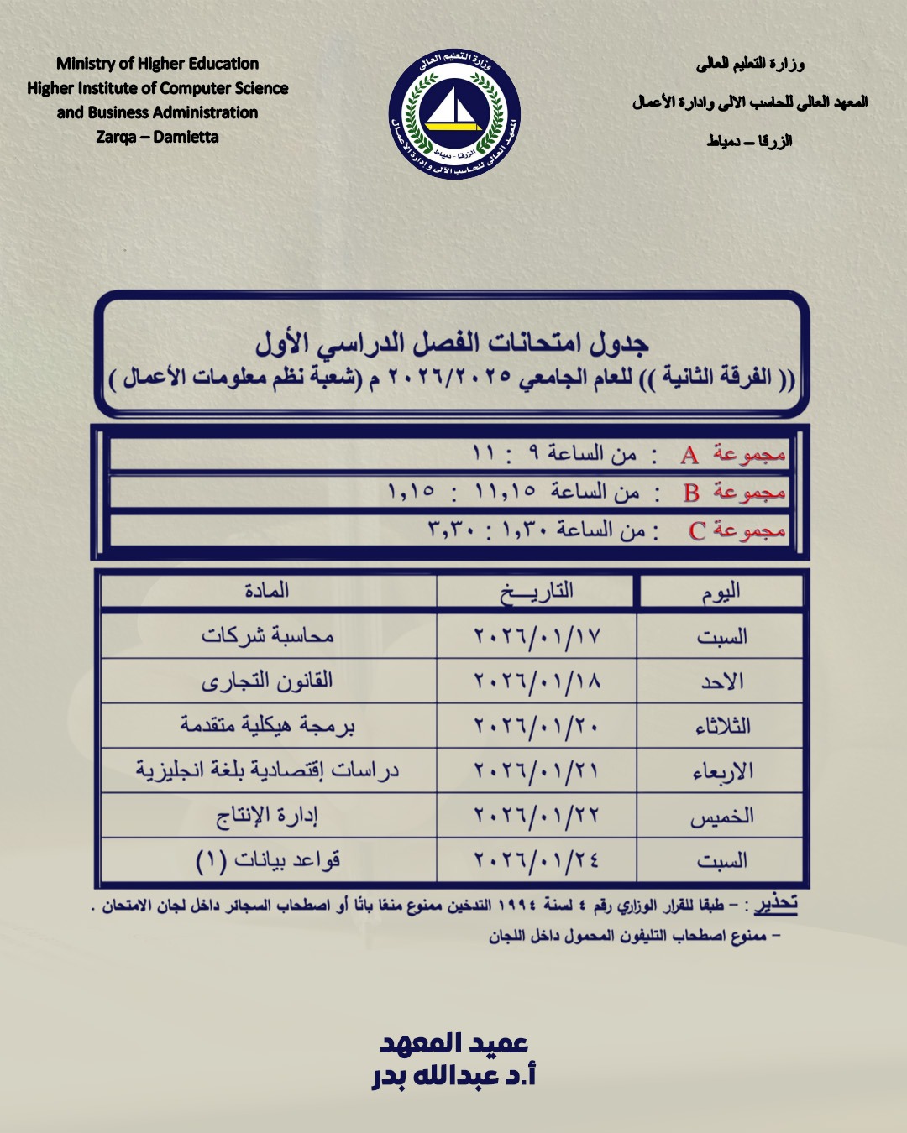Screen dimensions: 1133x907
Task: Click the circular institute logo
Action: click(x=454, y=114)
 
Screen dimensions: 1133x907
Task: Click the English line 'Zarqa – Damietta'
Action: click(x=157, y=137)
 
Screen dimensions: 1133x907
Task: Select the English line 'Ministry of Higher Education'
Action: click(x=157, y=64)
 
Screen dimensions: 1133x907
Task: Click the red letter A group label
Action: click(x=689, y=456)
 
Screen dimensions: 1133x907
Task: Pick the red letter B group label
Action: click(x=691, y=493)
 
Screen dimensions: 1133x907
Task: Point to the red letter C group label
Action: click(x=696, y=531)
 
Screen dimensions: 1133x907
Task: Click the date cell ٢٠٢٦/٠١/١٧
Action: click(x=537, y=637)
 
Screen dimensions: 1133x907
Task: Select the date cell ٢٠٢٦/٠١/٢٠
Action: click(x=537, y=726)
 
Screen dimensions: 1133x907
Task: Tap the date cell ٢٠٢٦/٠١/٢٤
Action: click(x=537, y=860)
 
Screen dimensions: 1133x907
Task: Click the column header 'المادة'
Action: click(x=267, y=591)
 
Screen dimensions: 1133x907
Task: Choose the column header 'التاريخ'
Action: click(x=537, y=592)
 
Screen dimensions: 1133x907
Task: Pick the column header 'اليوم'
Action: click(x=721, y=593)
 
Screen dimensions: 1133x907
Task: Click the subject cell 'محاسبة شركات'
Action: click(x=267, y=636)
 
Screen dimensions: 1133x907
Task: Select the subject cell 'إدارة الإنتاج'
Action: click(x=267, y=816)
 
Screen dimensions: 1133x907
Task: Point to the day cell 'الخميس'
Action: click(x=722, y=816)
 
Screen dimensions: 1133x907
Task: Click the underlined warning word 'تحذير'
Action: click(x=775, y=904)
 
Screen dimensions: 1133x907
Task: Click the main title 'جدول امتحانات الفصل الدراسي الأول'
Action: click(x=452, y=342)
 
